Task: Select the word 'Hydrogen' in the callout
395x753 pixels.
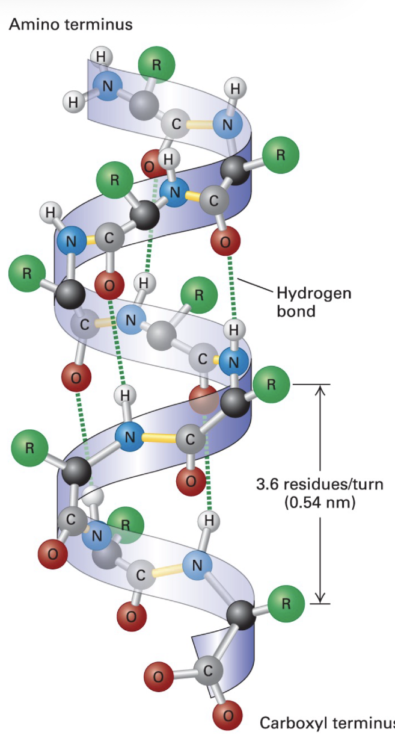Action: tap(313, 294)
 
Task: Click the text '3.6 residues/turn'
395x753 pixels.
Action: tap(319, 484)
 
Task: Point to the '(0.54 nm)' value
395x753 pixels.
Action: tap(319, 501)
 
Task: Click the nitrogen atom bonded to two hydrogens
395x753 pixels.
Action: tap(107, 86)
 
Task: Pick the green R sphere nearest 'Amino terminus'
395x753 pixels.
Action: tap(156, 66)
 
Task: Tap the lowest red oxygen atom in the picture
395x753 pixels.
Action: tap(227, 715)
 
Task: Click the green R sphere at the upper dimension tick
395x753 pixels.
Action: tap(271, 384)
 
